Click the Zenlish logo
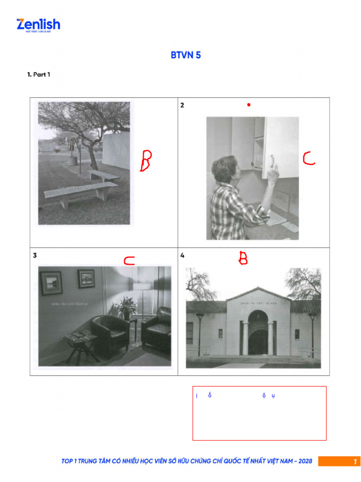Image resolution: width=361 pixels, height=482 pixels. coord(38,25)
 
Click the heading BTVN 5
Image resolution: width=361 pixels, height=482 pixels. coord(186,55)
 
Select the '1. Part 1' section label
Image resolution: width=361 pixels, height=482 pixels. coord(39,74)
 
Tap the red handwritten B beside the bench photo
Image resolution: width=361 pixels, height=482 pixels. coord(146,161)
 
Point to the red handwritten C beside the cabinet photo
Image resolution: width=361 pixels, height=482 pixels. coord(308,158)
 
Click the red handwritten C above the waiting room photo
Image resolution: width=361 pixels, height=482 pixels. coord(129,261)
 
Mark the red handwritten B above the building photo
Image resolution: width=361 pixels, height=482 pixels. coord(243,257)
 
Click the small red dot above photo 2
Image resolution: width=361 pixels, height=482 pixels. coord(249,104)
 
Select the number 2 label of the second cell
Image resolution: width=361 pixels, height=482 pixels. coord(182,105)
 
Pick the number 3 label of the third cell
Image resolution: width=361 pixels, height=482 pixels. coord(35,256)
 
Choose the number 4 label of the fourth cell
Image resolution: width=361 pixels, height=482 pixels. coord(182,256)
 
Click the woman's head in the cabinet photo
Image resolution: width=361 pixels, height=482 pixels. coord(224,169)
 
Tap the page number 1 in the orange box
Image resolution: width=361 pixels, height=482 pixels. coord(355,462)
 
